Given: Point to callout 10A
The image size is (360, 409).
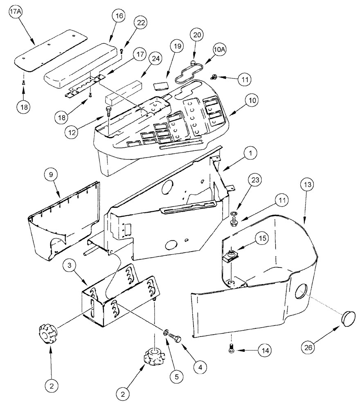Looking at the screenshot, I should tap(220, 50).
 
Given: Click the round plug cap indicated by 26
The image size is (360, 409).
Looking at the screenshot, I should tap(348, 318).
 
